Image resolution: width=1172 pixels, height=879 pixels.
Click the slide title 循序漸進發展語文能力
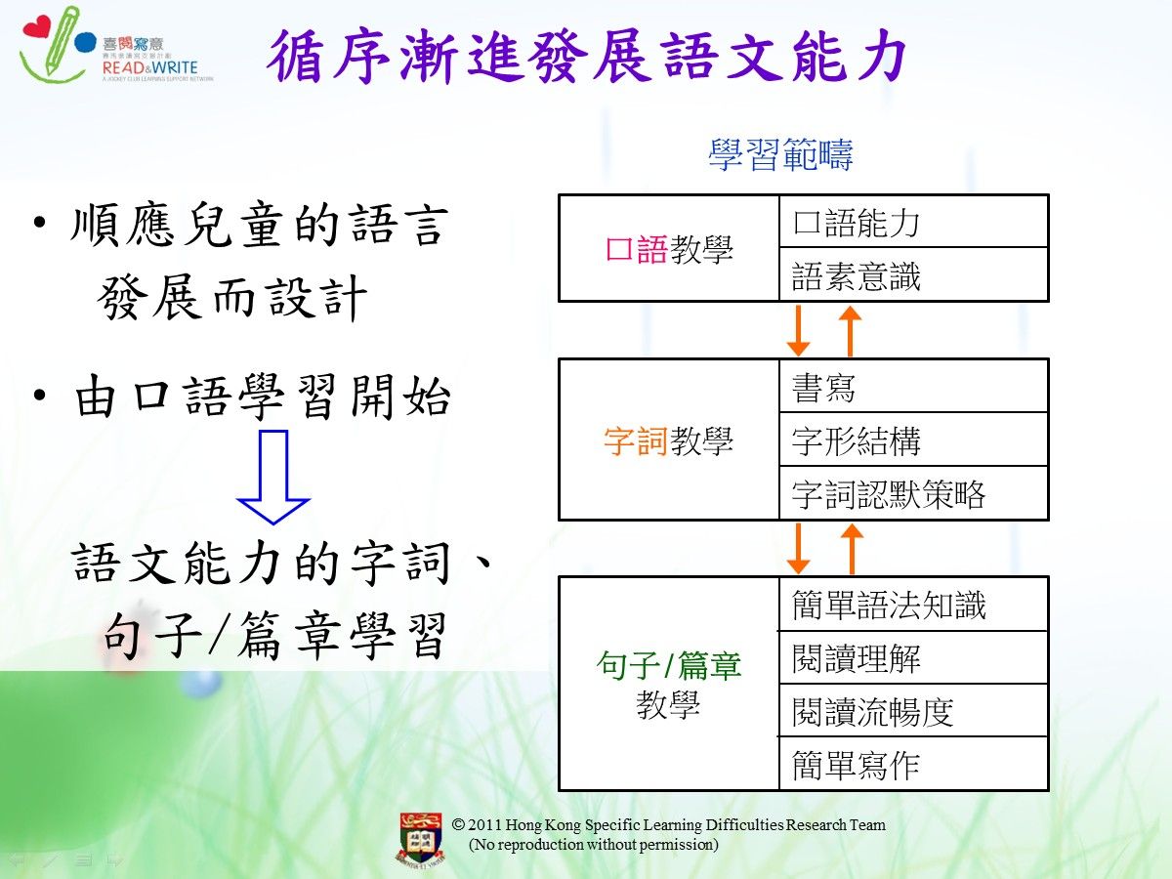point(586,56)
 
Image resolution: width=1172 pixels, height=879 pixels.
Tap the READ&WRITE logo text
point(150,67)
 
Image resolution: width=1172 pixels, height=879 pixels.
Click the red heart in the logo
point(37,26)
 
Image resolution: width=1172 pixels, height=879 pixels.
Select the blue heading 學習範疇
point(780,154)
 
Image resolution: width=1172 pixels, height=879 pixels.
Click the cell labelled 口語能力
point(913,222)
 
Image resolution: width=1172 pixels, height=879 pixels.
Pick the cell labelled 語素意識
point(913,274)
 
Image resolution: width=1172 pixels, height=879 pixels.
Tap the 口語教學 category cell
point(669,248)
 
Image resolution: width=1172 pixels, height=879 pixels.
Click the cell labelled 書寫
point(913,386)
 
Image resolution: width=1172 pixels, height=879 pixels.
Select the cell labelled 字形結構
point(913,439)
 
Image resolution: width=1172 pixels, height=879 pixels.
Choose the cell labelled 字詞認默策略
point(913,492)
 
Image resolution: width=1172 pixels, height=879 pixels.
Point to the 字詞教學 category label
point(668,440)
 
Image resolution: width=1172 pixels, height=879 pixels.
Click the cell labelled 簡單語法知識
point(913,605)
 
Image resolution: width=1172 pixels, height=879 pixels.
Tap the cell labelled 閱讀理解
point(913,657)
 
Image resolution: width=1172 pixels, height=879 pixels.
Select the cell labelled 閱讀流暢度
point(913,710)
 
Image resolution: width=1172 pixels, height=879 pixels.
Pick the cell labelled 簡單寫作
point(913,764)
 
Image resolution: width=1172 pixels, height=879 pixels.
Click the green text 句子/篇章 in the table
point(668,665)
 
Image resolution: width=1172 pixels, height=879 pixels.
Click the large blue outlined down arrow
point(272,477)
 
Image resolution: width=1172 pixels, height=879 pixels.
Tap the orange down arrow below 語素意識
point(798,330)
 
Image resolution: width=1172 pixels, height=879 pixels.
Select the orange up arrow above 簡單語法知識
point(852,549)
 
